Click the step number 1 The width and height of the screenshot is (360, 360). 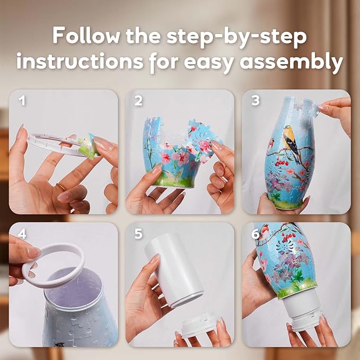[22, 100]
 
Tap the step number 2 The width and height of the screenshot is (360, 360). [138, 100]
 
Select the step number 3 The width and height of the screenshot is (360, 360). [254, 100]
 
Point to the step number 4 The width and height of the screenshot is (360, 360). [22, 233]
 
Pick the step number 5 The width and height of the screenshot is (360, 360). [138, 233]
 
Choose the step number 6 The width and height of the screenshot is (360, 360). [254, 233]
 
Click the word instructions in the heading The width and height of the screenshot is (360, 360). [80, 62]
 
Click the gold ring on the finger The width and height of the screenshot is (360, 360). [62, 187]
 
